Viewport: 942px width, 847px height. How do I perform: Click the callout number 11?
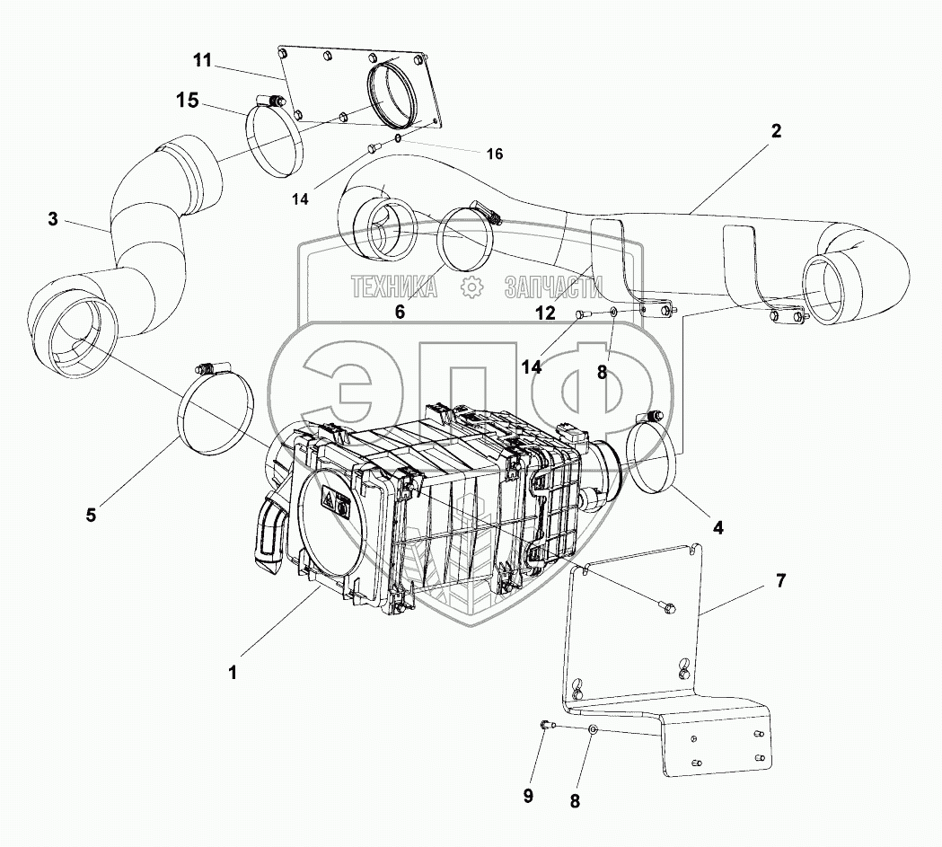pyautogui.click(x=201, y=62)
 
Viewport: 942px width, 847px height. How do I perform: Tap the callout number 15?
pyautogui.click(x=187, y=100)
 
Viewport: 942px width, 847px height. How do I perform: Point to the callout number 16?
pyautogui.click(x=495, y=154)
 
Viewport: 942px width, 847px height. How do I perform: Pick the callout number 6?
pyautogui.click(x=400, y=312)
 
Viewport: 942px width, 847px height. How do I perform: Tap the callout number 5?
pyautogui.click(x=91, y=515)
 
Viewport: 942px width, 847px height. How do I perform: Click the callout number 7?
pyautogui.click(x=780, y=580)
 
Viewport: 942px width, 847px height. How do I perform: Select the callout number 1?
pyautogui.click(x=233, y=671)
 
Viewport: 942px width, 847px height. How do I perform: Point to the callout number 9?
pyautogui.click(x=528, y=795)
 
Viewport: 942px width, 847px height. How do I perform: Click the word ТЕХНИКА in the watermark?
pyautogui.click(x=394, y=287)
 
